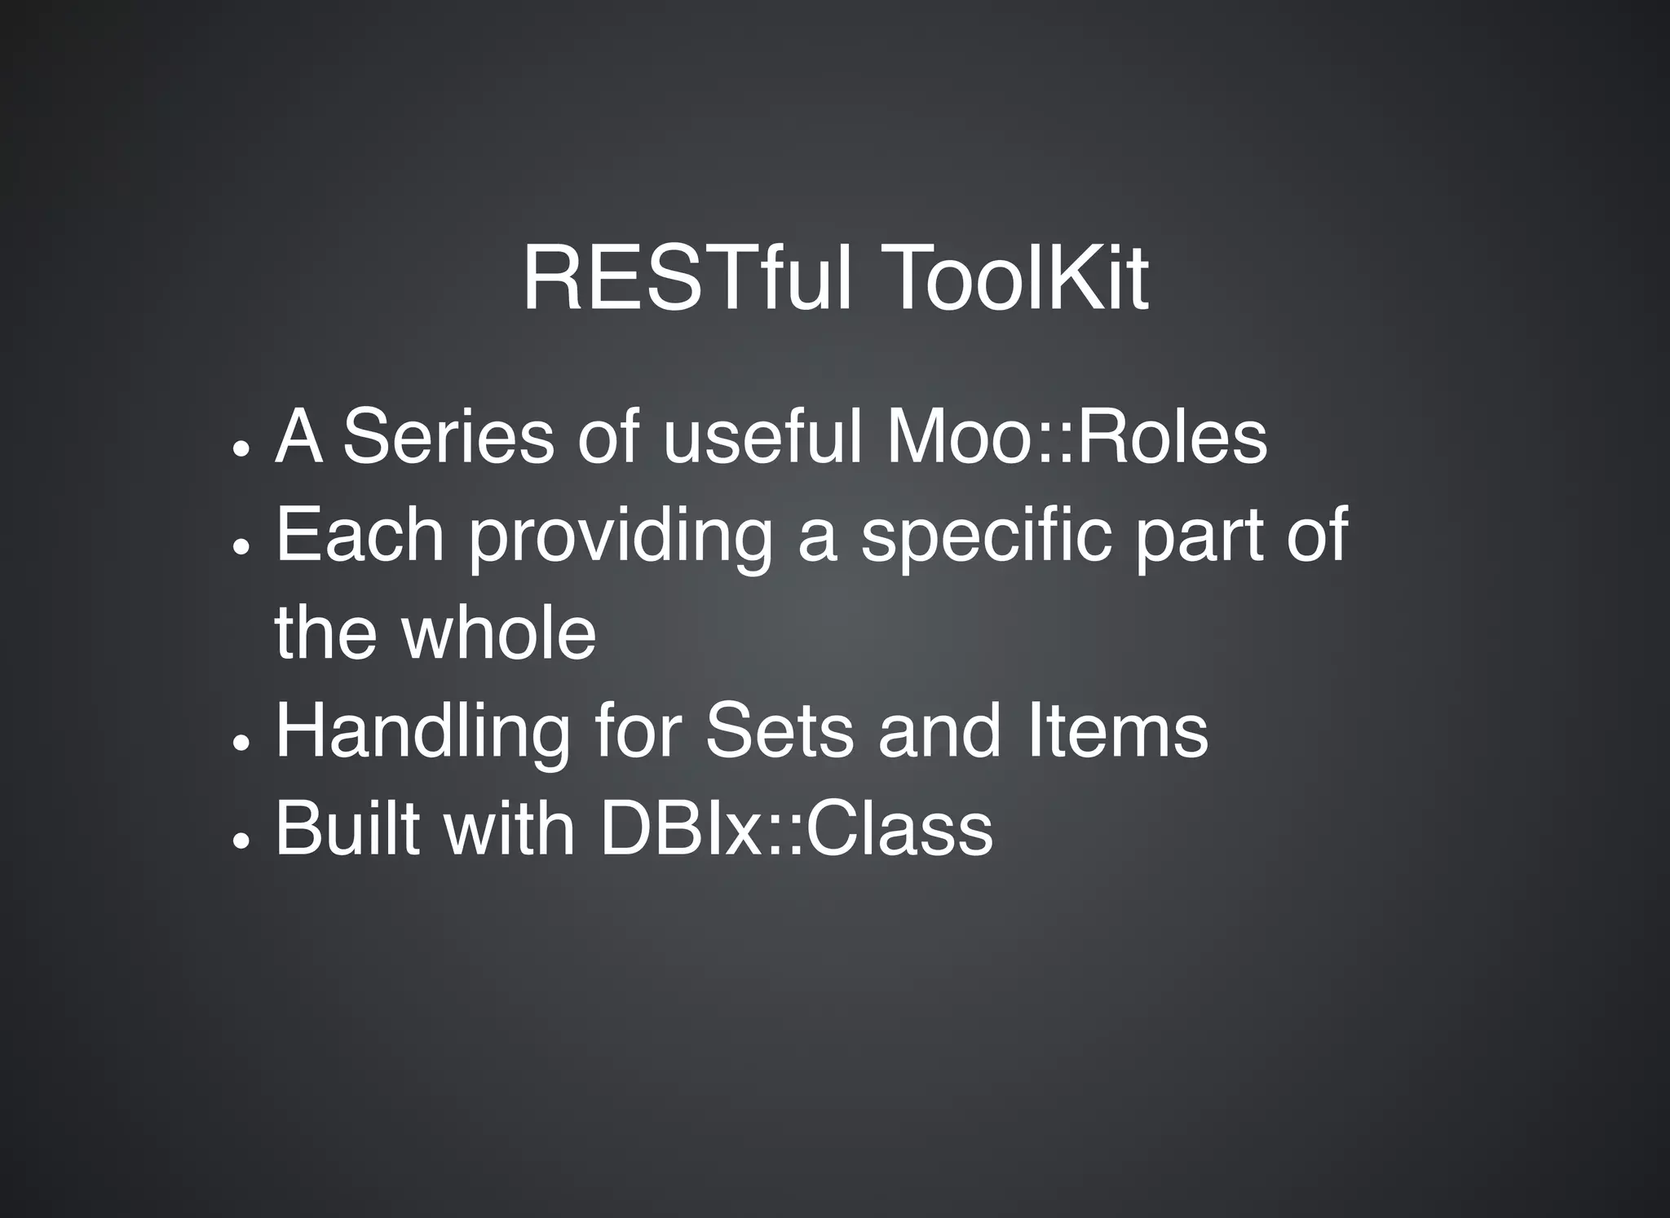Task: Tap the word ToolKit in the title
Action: click(1020, 279)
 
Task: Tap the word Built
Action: click(347, 828)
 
